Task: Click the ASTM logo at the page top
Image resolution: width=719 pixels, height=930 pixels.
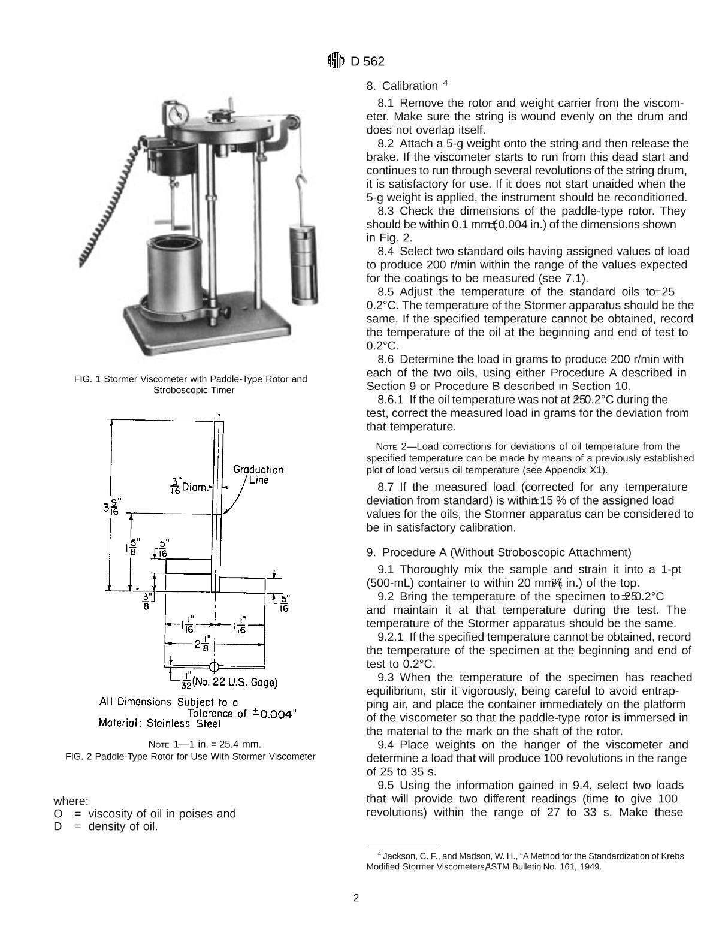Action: click(335, 61)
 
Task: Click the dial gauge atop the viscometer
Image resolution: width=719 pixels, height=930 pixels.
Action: click(177, 114)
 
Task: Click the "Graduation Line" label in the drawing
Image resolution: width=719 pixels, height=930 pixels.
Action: click(258, 475)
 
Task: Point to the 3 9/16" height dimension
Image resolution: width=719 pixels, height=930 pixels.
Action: click(112, 506)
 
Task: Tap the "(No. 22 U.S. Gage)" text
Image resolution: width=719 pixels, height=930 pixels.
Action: click(234, 683)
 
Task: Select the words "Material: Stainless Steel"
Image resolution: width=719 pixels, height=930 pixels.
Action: click(160, 723)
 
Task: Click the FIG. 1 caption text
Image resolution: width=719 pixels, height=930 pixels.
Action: click(190, 384)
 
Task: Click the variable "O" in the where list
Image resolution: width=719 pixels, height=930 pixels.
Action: click(58, 814)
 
